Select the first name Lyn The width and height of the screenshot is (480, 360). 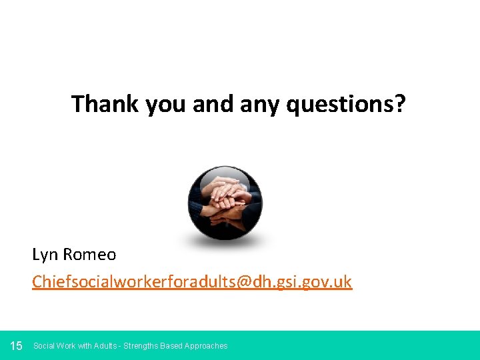(45, 255)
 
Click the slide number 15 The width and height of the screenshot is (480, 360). (17, 345)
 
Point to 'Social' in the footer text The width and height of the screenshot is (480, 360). (44, 346)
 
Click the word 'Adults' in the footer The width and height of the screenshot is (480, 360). (105, 346)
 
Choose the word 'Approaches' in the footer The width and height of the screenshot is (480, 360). (207, 346)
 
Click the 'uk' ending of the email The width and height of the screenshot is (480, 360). (343, 282)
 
